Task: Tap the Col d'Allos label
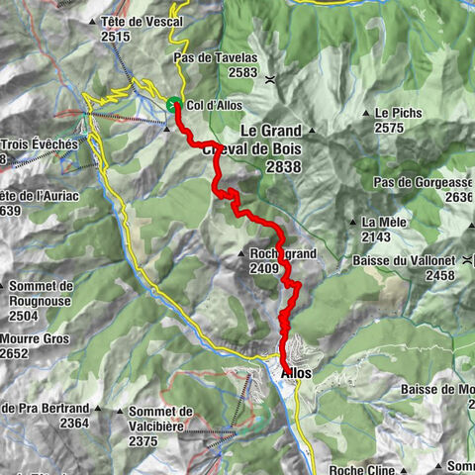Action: (x=213, y=105)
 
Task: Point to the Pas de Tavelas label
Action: (x=215, y=58)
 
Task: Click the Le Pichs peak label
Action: (x=399, y=113)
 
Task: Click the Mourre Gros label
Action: (x=36, y=337)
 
